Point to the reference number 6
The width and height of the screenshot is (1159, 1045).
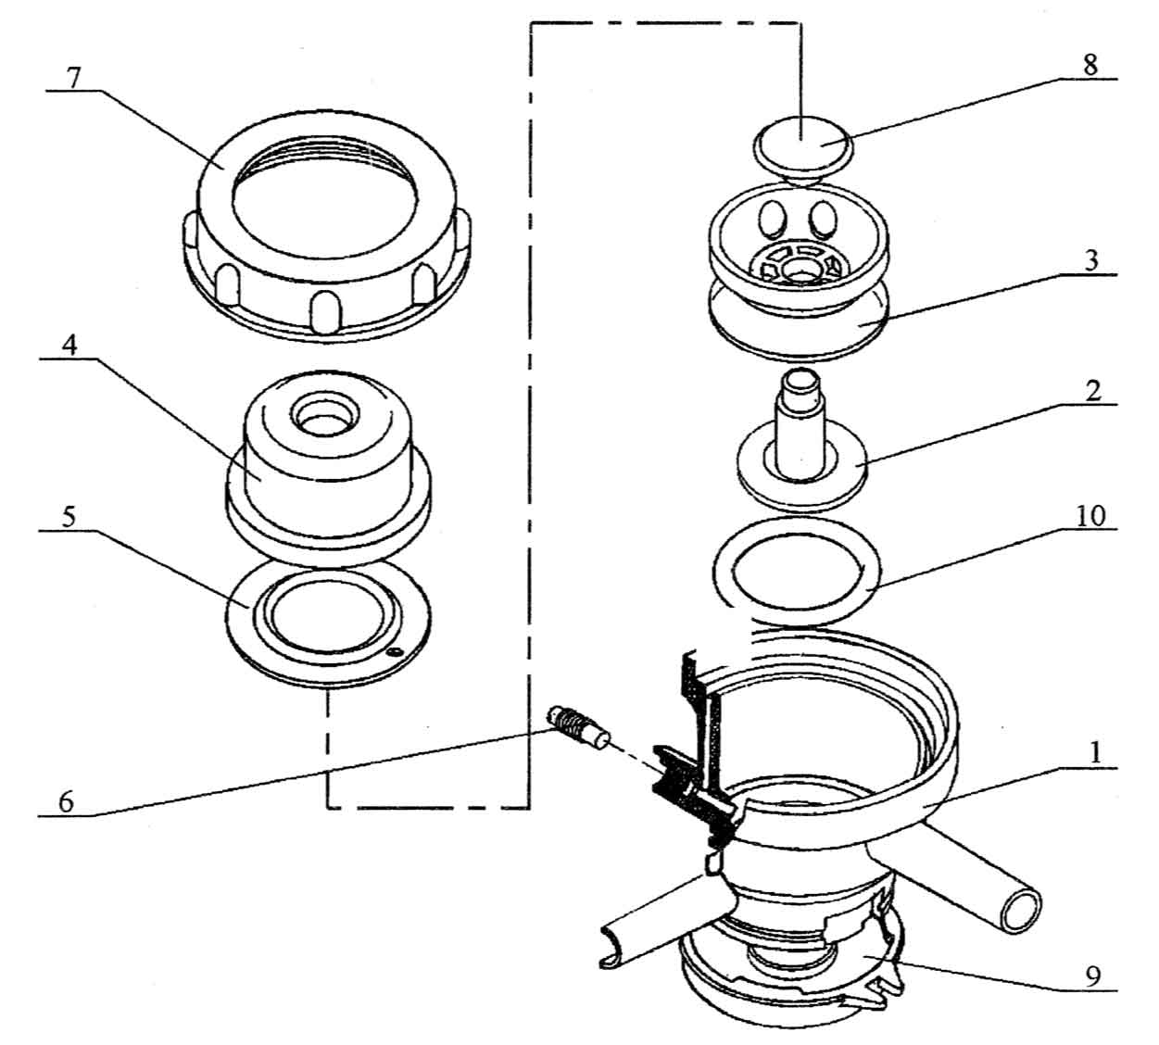pyautogui.click(x=65, y=800)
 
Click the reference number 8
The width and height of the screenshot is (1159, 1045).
pyautogui.click(x=1090, y=64)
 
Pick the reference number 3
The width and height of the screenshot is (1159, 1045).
pyautogui.click(x=1092, y=260)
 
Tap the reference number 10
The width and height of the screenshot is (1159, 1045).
pyautogui.click(x=1091, y=515)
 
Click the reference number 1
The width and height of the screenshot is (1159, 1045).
pyautogui.click(x=1095, y=753)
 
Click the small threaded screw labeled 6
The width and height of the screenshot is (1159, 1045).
pyautogui.click(x=575, y=724)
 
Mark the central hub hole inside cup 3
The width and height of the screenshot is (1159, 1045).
pyautogui.click(x=797, y=270)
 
